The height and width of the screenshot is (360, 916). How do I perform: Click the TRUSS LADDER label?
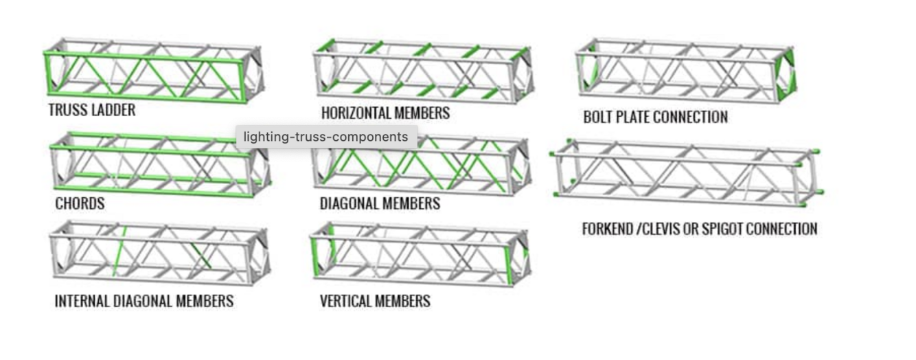coord(91,110)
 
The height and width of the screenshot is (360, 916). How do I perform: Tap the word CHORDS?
coord(80,203)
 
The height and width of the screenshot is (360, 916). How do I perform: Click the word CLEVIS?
coord(661,229)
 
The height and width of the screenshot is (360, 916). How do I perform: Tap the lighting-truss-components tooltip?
coord(325,137)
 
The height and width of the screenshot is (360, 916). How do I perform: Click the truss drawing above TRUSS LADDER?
coord(152,71)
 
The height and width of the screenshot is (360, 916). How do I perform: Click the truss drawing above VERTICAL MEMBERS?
coord(420,254)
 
